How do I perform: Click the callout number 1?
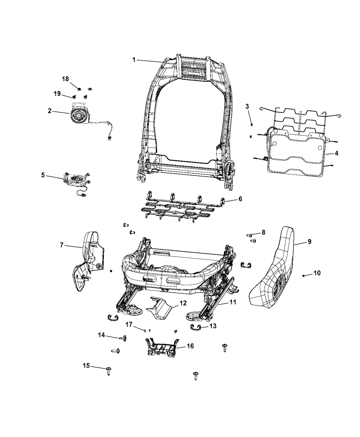tap(134, 60)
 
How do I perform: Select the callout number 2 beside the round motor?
tap(50, 111)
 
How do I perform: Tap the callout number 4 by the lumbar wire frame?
tap(336, 153)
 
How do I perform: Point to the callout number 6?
tap(240, 199)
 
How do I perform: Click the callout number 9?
tap(309, 242)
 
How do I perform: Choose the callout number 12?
tap(183, 303)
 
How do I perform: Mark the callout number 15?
tap(86, 366)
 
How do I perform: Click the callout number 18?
tap(65, 79)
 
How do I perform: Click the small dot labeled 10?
tap(304, 275)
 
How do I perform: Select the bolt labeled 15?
tap(109, 371)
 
